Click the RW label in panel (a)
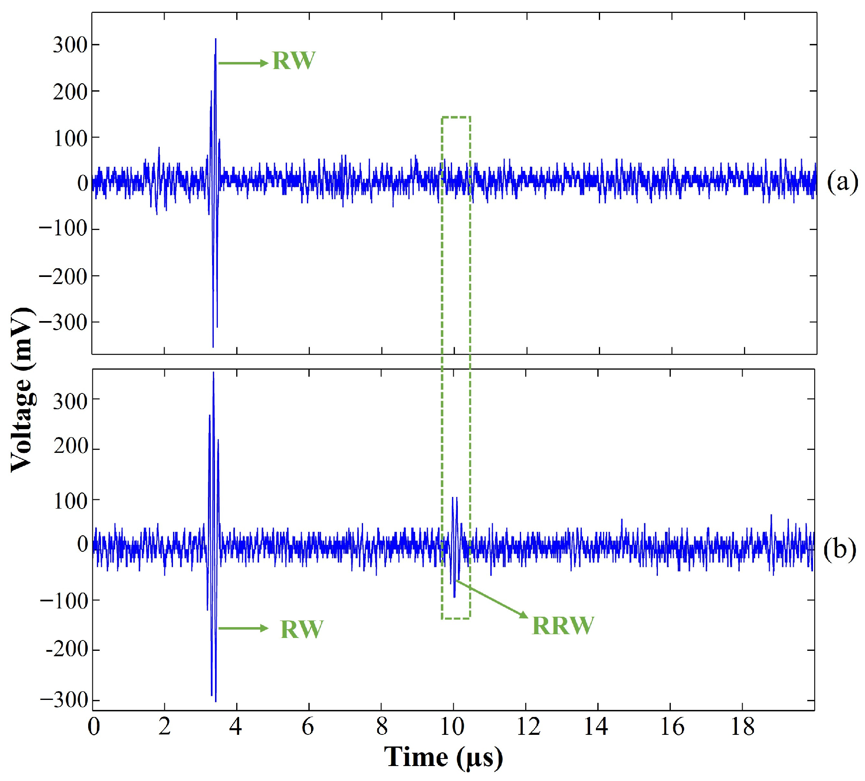point(294,61)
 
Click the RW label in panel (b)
point(302,630)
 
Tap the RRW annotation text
point(563,625)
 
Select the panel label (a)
point(842,182)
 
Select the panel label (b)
point(840,549)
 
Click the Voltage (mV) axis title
point(22,390)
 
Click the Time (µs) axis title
point(443,757)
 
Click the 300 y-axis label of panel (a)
point(70,45)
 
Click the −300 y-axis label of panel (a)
point(63,322)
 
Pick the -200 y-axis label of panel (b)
point(66,650)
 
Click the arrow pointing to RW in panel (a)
point(243,64)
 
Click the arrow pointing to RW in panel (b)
point(243,629)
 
